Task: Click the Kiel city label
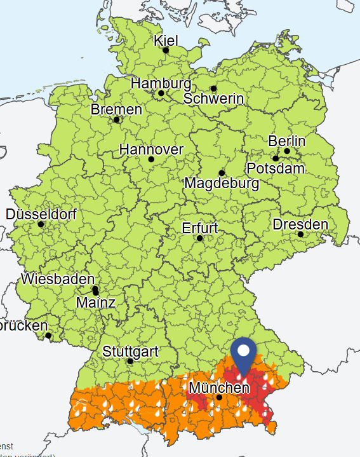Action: [x=166, y=41]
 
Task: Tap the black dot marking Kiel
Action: [x=166, y=50]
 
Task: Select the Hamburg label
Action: [x=161, y=83]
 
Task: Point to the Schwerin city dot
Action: [x=213, y=88]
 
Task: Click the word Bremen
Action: [x=116, y=109]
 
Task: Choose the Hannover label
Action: [x=151, y=150]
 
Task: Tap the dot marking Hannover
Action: [x=151, y=160]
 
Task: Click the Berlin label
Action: [x=287, y=140]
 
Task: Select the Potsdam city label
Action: [x=275, y=168]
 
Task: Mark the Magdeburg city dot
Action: [x=222, y=173]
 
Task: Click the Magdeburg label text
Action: [x=222, y=184]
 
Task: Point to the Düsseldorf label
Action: [x=41, y=214]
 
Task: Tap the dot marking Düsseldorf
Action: [x=41, y=224]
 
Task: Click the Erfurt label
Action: [x=199, y=228]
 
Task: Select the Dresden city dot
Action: [x=301, y=234]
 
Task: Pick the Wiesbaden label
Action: [x=58, y=279]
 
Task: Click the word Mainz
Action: [x=95, y=303]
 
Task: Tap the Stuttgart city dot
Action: [x=130, y=361]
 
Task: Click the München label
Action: [x=218, y=387]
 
